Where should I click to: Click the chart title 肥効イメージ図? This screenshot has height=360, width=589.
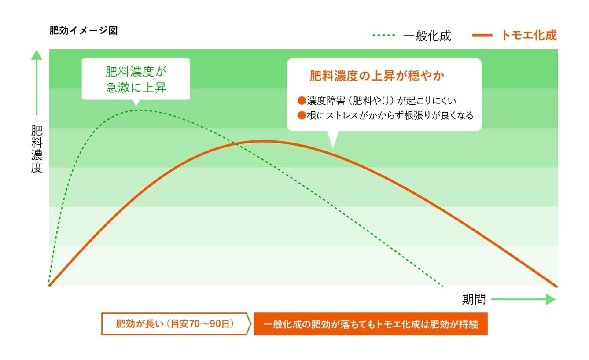click(83, 31)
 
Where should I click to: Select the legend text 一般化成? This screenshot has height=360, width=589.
click(427, 36)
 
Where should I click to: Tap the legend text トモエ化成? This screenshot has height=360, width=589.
click(528, 35)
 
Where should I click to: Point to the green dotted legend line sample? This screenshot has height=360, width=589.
click(384, 35)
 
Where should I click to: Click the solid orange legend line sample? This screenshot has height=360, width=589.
click(482, 35)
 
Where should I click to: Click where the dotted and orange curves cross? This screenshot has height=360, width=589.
click(236, 144)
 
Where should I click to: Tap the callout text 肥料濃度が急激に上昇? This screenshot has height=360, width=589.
click(136, 79)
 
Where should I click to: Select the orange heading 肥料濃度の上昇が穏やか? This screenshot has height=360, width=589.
click(377, 76)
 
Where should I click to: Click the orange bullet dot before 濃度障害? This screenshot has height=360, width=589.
click(302, 100)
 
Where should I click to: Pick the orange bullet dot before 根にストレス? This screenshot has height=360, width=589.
click(302, 115)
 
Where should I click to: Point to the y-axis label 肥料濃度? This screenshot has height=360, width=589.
click(37, 149)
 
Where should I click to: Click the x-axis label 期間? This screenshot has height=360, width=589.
click(474, 299)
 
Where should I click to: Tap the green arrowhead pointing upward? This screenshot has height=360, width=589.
click(37, 55)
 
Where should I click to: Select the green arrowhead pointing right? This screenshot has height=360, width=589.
click(551, 299)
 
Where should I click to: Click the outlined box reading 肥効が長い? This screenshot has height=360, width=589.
click(176, 324)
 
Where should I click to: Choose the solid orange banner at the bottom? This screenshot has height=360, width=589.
click(371, 324)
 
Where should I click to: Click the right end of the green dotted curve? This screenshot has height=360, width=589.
click(442, 286)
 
